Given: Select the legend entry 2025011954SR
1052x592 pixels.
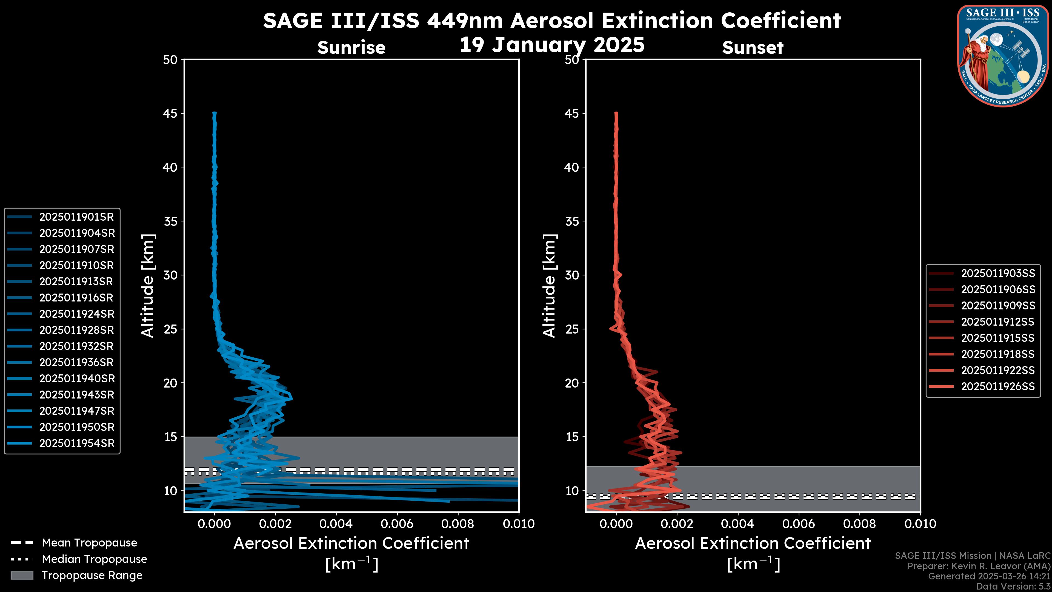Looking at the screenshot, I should click(76, 443).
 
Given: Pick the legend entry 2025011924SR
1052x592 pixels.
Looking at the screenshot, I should click(76, 314).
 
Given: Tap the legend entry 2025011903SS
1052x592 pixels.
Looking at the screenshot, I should click(998, 273).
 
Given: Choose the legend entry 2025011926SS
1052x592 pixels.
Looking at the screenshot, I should click(998, 386).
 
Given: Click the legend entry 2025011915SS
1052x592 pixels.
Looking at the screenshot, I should click(998, 338).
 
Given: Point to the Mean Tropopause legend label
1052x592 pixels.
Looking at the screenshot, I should click(89, 543).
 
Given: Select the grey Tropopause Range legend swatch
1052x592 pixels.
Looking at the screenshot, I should click(22, 575).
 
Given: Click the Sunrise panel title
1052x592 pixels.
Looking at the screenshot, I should click(351, 48).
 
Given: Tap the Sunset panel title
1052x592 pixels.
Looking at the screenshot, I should click(753, 48).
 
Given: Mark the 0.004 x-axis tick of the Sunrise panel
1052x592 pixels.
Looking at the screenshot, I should click(336, 524).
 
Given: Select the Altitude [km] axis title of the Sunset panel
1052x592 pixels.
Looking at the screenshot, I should click(549, 286).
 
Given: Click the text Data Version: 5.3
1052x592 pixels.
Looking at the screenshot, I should click(1013, 586).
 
